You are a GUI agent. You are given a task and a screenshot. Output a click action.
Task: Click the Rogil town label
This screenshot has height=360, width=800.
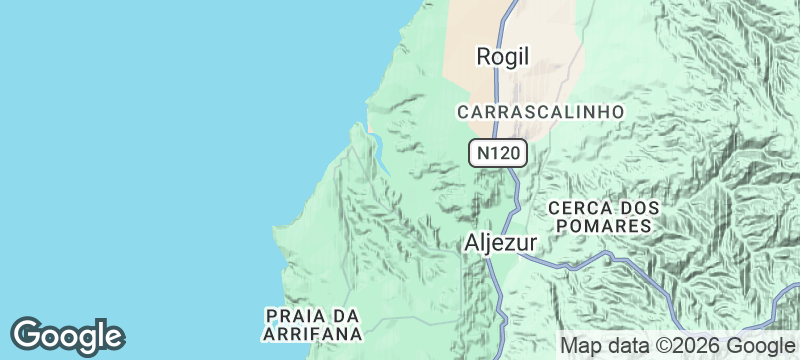pyautogui.click(x=502, y=57)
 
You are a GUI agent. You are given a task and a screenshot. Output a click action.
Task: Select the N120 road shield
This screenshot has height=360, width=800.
pyautogui.click(x=497, y=153)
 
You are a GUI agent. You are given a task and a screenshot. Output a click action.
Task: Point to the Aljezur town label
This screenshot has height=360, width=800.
pyautogui.click(x=502, y=243)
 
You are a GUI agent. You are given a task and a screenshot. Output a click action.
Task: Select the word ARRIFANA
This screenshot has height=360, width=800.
pyautogui.click(x=312, y=334)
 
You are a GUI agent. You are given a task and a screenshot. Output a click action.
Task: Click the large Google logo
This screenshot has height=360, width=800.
pyautogui.click(x=67, y=335)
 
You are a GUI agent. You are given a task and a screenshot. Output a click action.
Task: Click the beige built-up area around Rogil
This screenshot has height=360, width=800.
pyautogui.click(x=540, y=40)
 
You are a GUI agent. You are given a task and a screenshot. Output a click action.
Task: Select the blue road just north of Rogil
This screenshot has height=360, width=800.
pyautogui.click(x=509, y=15)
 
